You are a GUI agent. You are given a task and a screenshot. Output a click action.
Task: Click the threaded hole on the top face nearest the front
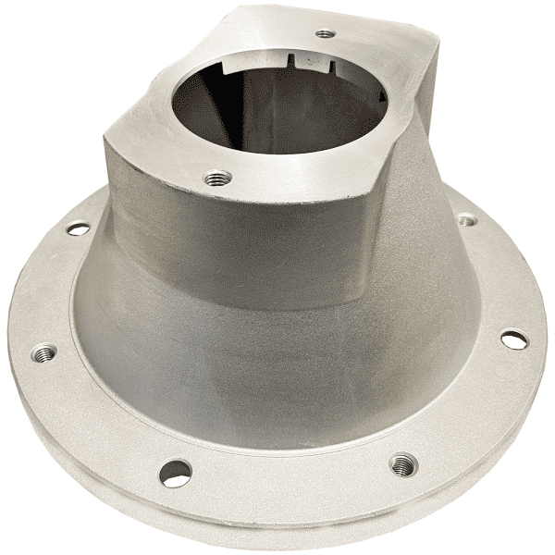(x=219, y=176)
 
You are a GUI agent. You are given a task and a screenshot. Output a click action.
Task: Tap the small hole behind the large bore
(x=324, y=34)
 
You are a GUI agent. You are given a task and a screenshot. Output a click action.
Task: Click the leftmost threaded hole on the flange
(x=43, y=351)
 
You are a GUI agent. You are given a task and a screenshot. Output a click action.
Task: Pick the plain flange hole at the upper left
(x=79, y=228)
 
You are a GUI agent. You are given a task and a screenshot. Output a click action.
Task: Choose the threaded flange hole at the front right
(x=402, y=462)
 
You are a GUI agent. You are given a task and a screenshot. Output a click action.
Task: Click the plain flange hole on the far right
(x=514, y=339)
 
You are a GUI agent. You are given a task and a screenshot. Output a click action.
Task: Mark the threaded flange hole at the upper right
(x=466, y=220)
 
